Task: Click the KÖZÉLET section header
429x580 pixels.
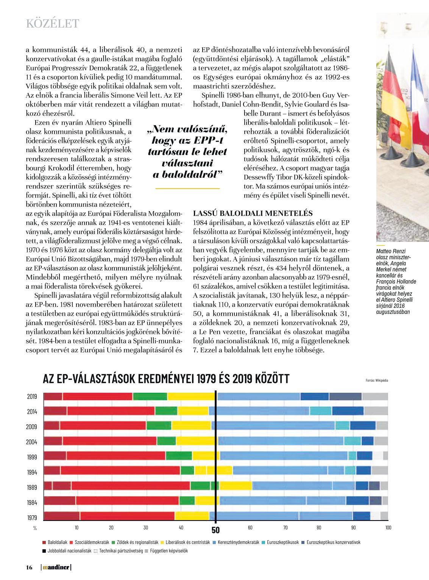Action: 52,24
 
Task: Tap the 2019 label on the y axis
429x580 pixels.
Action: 32,397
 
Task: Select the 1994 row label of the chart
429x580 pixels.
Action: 32,472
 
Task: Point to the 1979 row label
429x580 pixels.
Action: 32,518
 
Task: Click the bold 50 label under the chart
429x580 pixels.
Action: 215,530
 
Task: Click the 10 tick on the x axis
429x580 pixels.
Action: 76,528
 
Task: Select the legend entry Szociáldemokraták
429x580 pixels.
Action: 90,542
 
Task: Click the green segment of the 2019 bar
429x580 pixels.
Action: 150,397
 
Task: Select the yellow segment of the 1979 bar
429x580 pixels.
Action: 192,516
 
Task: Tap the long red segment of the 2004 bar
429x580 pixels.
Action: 109,441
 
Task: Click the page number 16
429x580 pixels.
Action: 29,567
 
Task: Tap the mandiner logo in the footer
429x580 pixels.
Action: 56,567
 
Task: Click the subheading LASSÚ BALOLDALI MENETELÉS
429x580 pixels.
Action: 253,213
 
